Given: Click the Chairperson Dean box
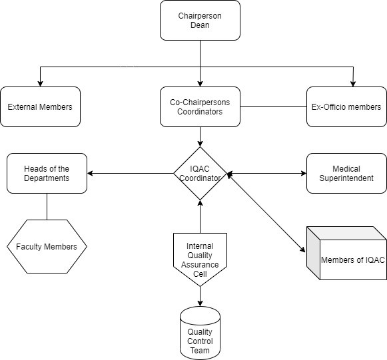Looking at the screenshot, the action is [x=200, y=21].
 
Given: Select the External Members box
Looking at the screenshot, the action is [x=40, y=106].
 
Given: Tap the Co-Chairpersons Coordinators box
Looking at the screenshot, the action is [x=200, y=106].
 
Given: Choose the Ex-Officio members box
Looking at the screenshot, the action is [x=346, y=106].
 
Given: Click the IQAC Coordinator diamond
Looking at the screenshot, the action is [x=200, y=173].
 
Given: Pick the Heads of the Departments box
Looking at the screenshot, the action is [x=47, y=173].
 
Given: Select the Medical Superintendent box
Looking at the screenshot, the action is [x=346, y=173].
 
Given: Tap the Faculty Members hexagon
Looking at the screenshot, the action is [x=47, y=247].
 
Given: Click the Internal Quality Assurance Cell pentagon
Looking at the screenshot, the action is [x=200, y=260].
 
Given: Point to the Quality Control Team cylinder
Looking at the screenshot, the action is [x=200, y=333].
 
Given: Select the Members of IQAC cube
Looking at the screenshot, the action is [x=346, y=254].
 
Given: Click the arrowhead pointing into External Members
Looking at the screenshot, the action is [x=40, y=84].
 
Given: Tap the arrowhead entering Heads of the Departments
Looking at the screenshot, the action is [x=90, y=173].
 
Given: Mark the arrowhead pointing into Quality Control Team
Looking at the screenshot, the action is [x=200, y=303].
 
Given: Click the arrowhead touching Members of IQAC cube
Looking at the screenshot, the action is [x=303, y=250].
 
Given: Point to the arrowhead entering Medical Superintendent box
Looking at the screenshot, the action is [x=304, y=173].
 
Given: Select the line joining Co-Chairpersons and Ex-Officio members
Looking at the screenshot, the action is [x=274, y=106].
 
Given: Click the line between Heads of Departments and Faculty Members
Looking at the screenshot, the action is [x=47, y=207].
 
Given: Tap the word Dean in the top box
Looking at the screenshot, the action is [x=200, y=25].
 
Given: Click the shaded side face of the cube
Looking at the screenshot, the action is [x=313, y=254].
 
